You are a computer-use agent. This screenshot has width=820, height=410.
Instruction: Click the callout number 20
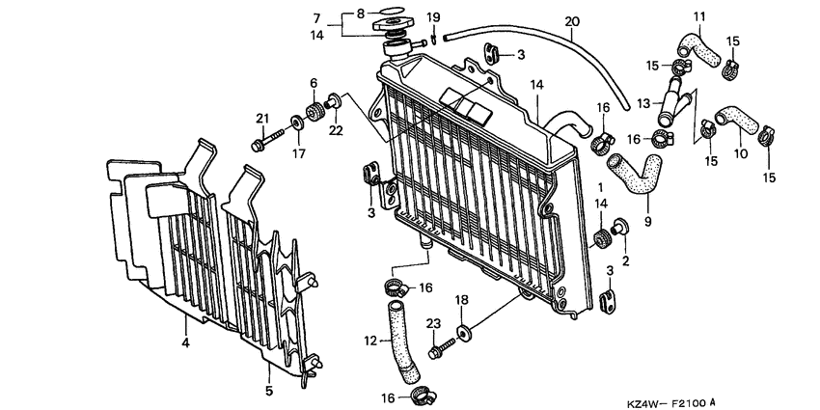(x=572, y=21)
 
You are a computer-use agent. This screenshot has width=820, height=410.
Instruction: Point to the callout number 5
(x=269, y=390)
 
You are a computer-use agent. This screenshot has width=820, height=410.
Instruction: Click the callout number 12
(x=370, y=340)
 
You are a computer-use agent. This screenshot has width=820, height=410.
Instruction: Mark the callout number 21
(x=260, y=119)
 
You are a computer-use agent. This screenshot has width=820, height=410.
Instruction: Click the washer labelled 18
(x=466, y=333)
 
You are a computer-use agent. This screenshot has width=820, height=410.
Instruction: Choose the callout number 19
(x=433, y=16)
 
